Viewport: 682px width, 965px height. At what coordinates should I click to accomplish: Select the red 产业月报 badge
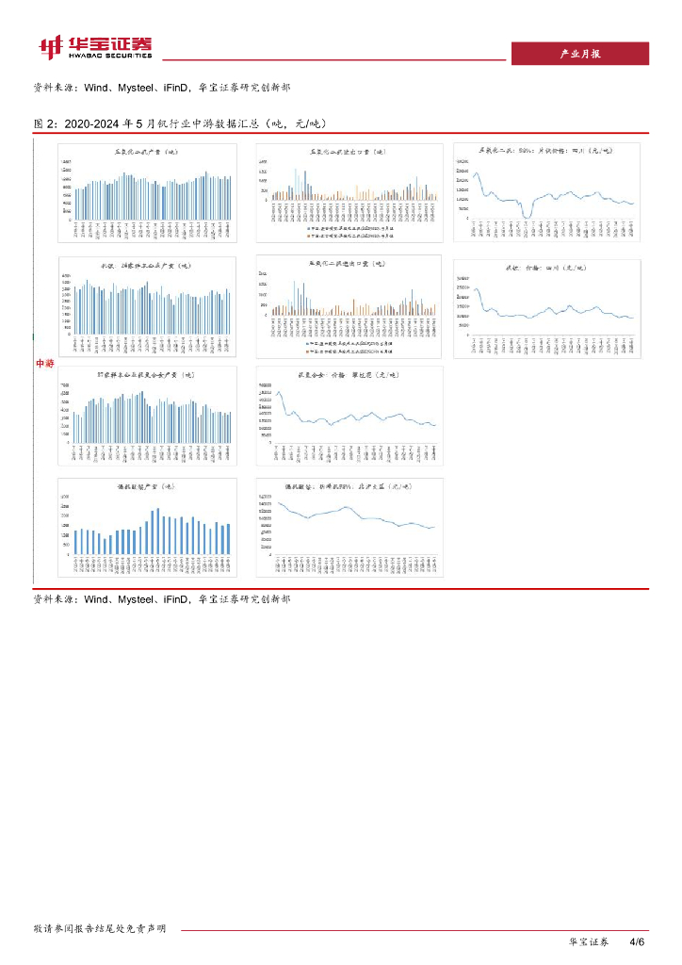point(579,55)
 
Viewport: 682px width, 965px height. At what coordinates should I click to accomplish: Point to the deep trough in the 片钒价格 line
point(526,217)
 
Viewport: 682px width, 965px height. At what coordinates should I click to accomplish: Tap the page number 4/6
point(635,941)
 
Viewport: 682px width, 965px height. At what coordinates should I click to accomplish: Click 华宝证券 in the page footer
point(590,941)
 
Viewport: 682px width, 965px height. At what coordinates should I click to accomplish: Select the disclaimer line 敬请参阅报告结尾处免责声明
point(100,928)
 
